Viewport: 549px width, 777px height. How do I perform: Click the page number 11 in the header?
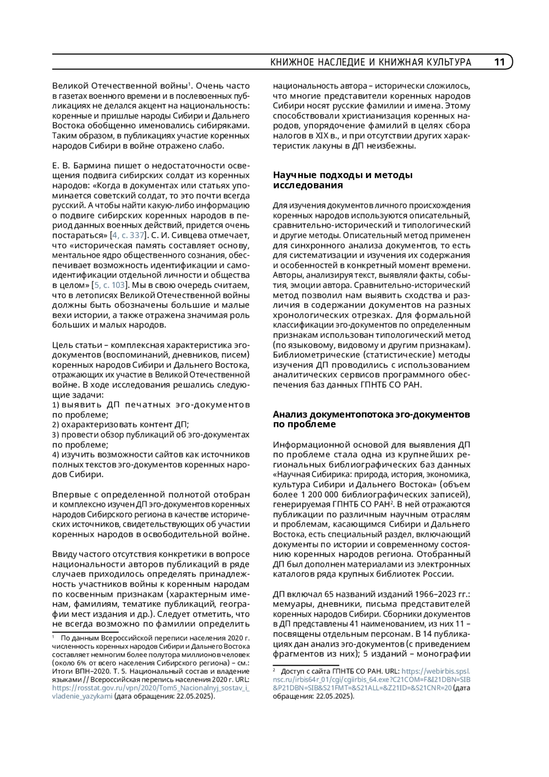pos(499,62)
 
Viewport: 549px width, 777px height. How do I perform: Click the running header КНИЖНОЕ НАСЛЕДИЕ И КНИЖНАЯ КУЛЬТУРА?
pos(371,62)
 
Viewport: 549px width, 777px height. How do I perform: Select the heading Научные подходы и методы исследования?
pos(343,180)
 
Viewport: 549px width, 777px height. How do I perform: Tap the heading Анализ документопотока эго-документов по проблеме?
pos(371,419)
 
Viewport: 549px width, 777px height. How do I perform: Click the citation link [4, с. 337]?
pos(128,235)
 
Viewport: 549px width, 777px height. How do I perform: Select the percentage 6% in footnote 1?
pos(83,663)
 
